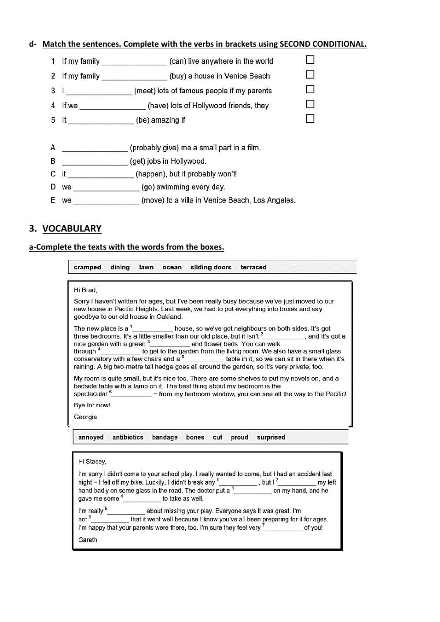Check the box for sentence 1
coord(310,59)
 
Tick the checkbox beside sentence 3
coord(310,89)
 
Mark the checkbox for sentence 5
coord(310,118)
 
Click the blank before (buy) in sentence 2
coord(134,77)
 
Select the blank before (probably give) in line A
coord(95,149)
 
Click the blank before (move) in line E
coord(106,201)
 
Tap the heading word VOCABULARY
coord(72,228)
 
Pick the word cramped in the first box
coord(88,267)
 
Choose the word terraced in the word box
coord(253,267)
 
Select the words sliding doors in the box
coord(211,267)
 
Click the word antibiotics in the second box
coord(128,437)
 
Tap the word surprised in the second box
coord(271,437)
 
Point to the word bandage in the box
coord(165,437)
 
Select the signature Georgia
coord(85,417)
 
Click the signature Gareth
coord(88,540)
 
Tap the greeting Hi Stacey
coord(92,461)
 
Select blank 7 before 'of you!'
coord(284,529)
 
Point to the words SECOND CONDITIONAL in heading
coord(323,44)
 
